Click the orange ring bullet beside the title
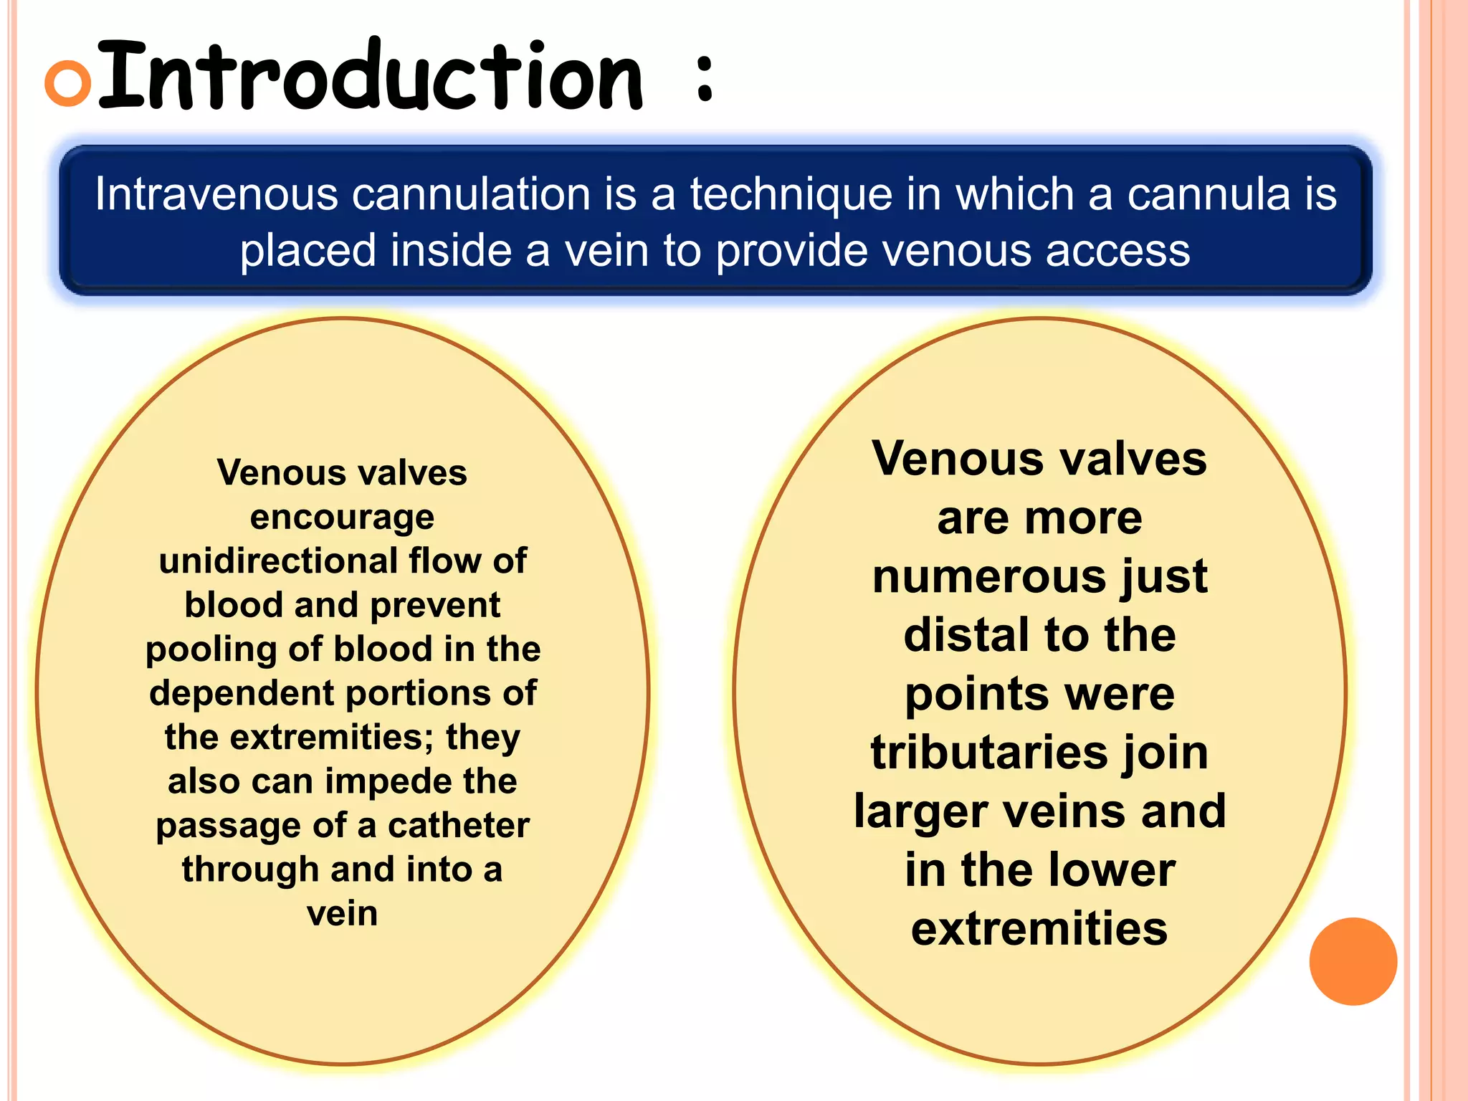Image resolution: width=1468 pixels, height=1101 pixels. [x=68, y=82]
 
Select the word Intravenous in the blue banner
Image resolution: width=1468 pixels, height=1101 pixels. [x=216, y=194]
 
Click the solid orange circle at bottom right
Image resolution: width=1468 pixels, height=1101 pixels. [x=1353, y=961]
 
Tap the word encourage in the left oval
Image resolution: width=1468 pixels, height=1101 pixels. [x=342, y=518]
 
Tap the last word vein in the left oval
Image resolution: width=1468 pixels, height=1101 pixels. [x=342, y=914]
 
